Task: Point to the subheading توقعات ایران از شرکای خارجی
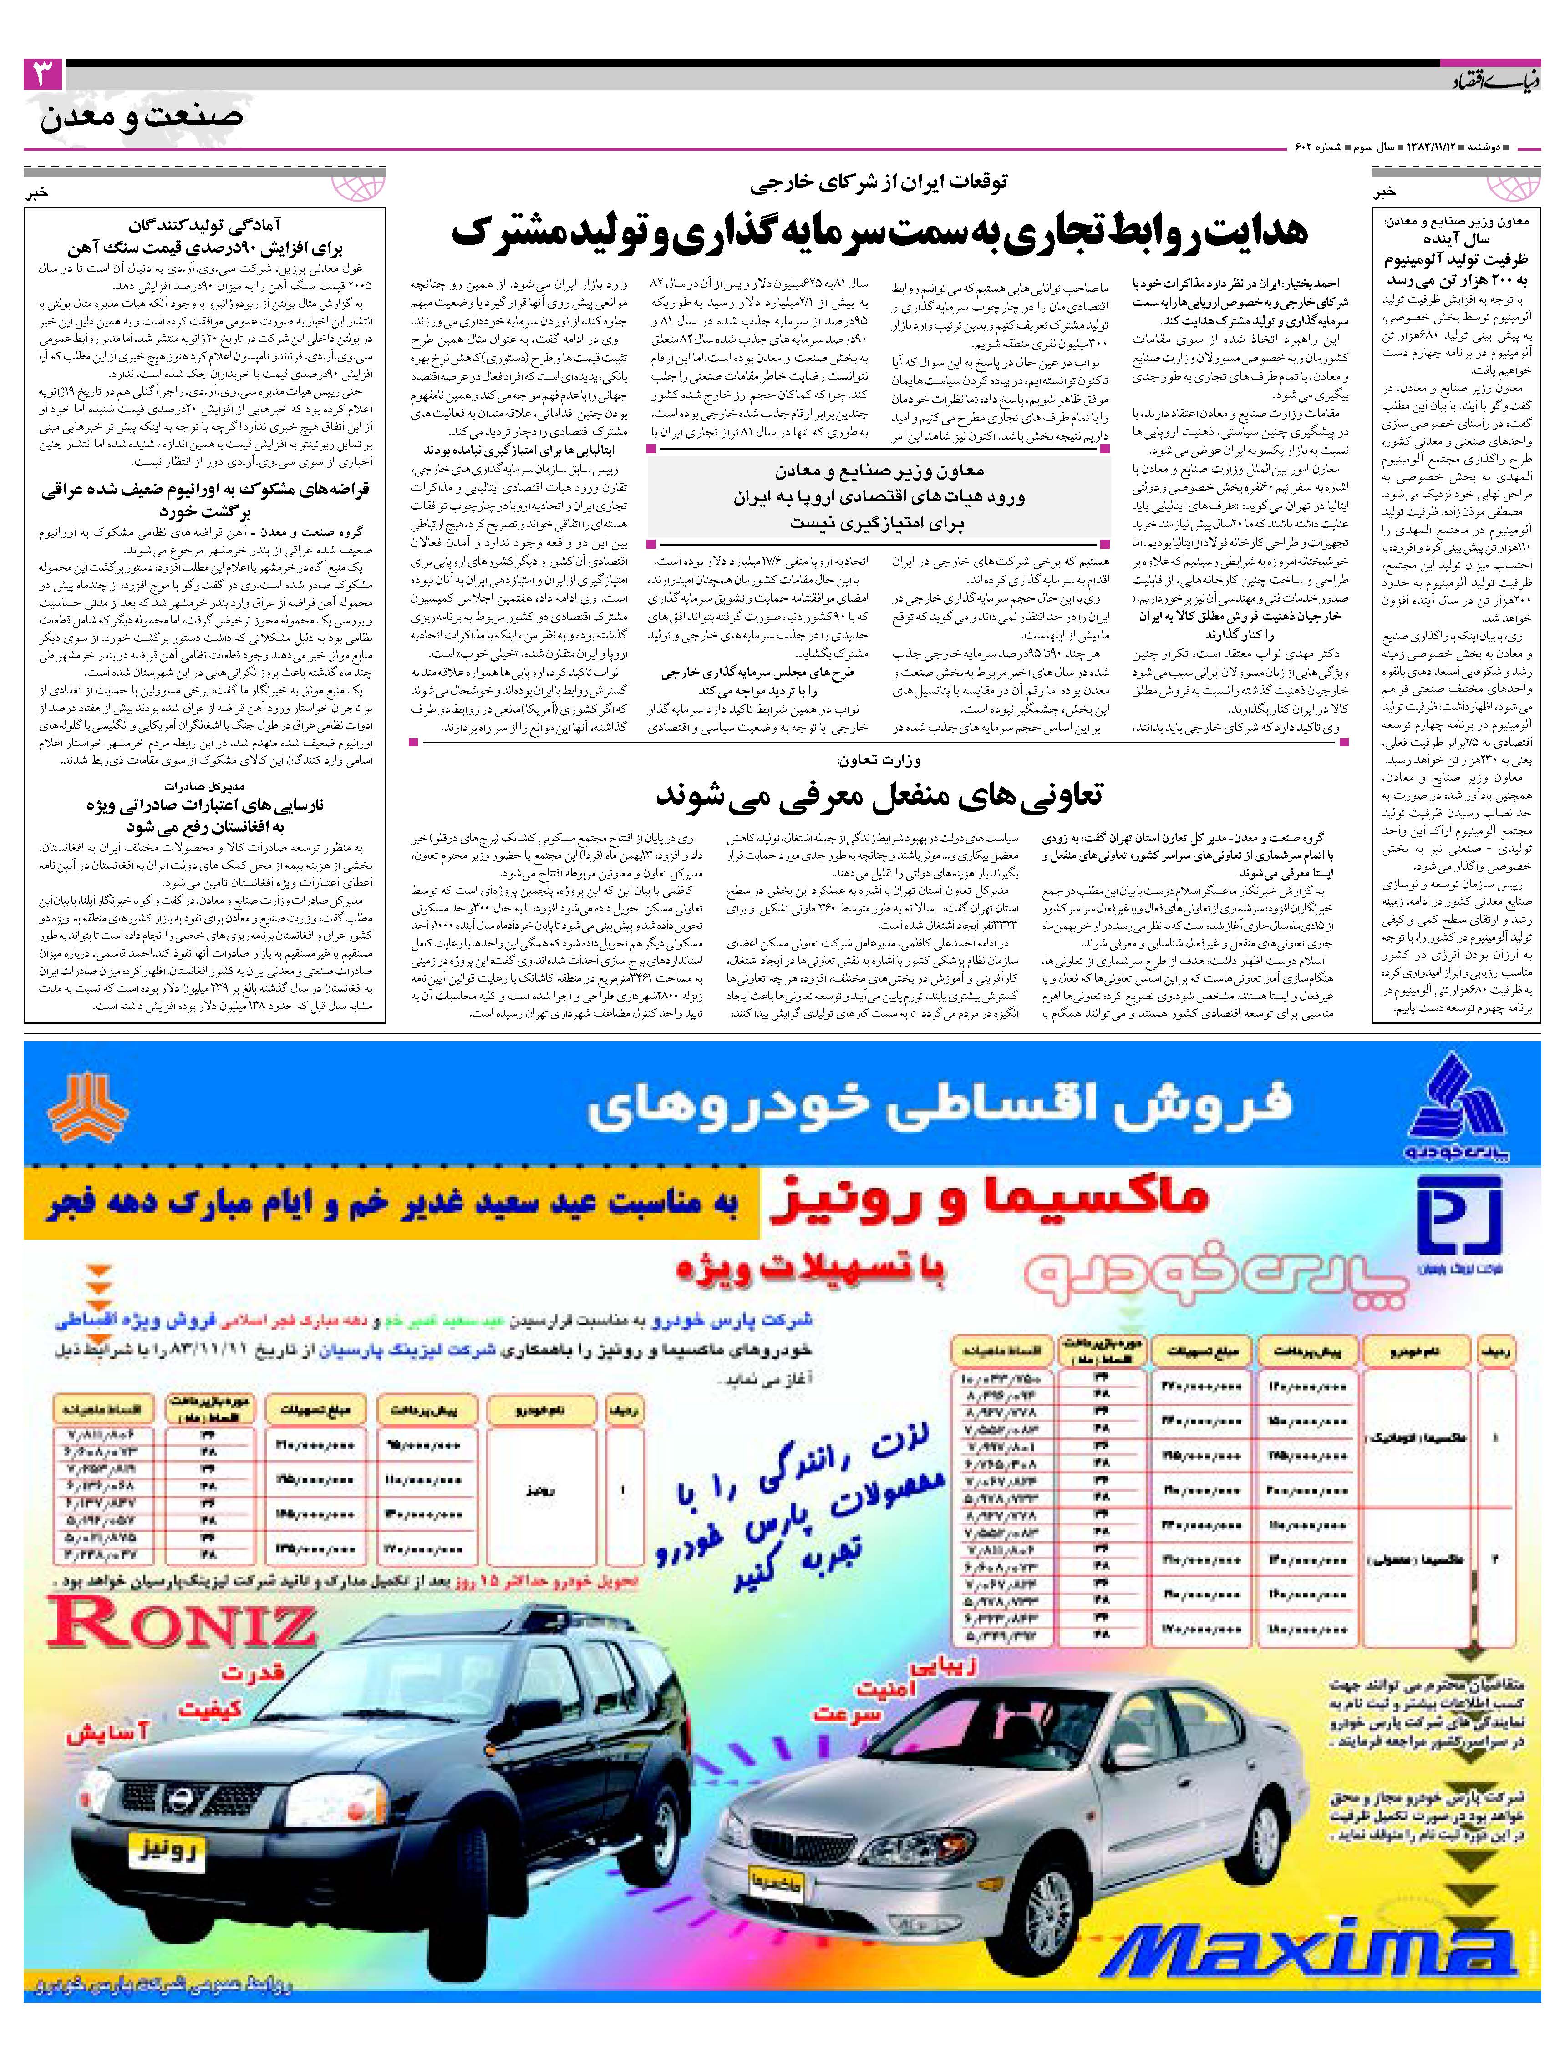pyautogui.click(x=882, y=183)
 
